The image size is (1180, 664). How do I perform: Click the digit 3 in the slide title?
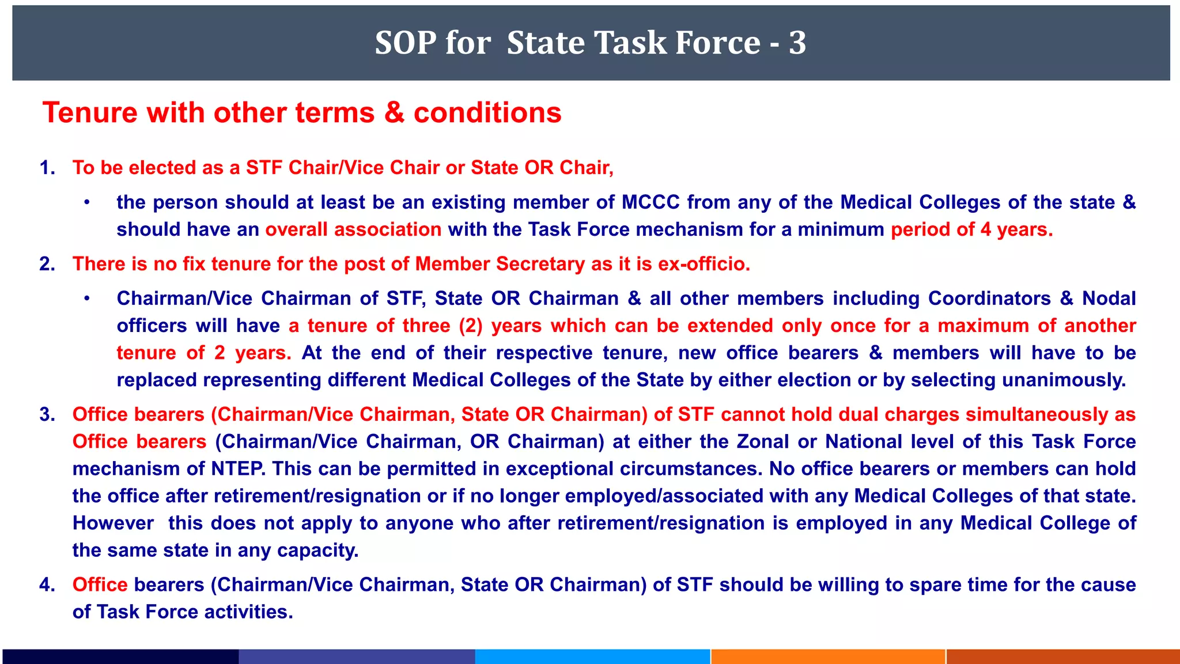[797, 43]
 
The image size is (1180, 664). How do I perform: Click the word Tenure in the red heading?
[90, 112]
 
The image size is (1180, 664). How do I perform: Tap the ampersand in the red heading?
[394, 112]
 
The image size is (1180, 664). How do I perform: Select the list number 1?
[47, 168]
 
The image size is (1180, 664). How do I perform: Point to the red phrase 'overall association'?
[353, 229]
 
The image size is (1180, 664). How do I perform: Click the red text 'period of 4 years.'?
[971, 229]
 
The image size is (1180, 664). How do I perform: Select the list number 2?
[47, 264]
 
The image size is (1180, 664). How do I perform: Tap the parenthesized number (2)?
[471, 326]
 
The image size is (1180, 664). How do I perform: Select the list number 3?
[47, 414]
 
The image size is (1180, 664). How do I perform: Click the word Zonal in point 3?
[762, 442]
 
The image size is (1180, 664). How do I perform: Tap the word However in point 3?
[113, 523]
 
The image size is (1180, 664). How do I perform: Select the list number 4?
[47, 585]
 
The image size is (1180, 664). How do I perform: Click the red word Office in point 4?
[100, 585]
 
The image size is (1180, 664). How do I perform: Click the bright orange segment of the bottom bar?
[827, 657]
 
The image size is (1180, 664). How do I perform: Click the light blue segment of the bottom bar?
[592, 657]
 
